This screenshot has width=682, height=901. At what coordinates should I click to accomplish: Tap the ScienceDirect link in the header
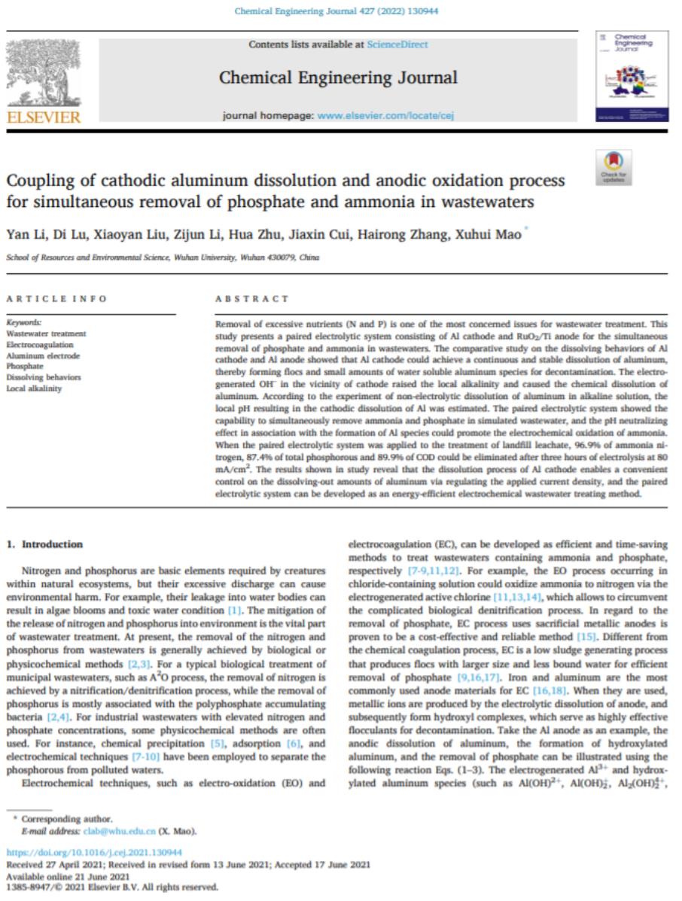[x=397, y=44]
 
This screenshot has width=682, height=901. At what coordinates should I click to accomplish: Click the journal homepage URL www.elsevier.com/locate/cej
[x=385, y=116]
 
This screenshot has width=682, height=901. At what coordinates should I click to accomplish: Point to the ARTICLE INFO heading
[x=56, y=299]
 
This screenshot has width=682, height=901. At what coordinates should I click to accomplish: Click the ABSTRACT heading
[x=241, y=299]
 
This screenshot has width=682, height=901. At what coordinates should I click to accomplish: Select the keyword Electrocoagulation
[x=41, y=344]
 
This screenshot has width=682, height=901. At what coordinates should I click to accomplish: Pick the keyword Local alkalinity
[x=35, y=388]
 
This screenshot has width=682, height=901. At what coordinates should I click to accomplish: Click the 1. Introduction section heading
[x=44, y=544]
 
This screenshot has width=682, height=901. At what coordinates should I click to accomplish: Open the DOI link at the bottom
[x=93, y=853]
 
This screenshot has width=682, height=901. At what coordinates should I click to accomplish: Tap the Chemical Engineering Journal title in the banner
[x=338, y=78]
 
